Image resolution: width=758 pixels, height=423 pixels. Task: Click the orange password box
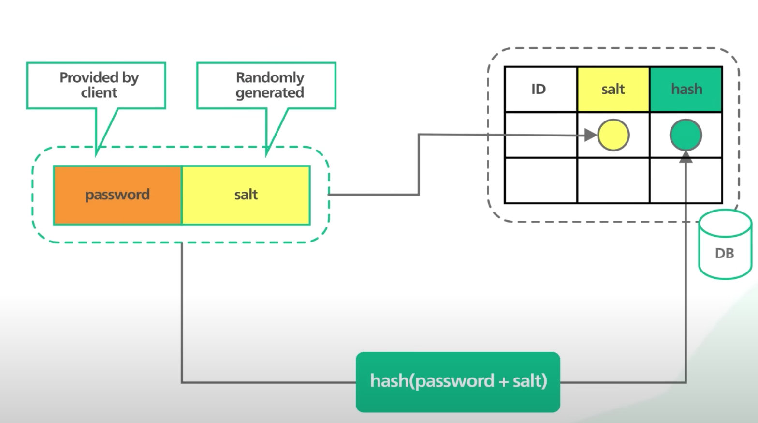pos(118,195)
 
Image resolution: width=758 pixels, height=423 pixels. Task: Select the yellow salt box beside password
pos(246,195)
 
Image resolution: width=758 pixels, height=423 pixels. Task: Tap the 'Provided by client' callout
pos(97,86)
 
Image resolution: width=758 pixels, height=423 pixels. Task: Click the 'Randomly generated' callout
pos(267,86)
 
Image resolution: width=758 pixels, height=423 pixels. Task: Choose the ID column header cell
pos(541,90)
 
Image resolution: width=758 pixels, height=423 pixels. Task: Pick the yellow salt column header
pos(613,90)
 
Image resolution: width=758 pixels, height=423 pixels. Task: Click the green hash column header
pos(686,90)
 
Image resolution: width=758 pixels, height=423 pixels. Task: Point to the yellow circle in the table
pos(613,135)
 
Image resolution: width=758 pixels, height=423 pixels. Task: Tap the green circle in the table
pos(686,135)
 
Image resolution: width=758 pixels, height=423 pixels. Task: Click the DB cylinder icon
pos(725,244)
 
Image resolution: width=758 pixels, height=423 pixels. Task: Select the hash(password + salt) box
pos(458,382)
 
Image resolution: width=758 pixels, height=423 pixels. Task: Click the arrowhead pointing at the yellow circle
pos(591,135)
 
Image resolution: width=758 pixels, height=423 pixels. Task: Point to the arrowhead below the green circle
pos(686,157)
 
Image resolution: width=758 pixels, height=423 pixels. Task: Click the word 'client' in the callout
pos(99,92)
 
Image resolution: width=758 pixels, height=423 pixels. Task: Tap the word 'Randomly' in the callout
pos(270,77)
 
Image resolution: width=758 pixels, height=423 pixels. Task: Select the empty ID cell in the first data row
pos(541,135)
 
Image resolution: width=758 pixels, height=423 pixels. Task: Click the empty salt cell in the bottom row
pos(613,180)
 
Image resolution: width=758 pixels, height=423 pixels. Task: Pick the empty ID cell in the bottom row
pos(541,180)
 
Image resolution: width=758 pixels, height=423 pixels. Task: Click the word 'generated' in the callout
pos(270,93)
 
